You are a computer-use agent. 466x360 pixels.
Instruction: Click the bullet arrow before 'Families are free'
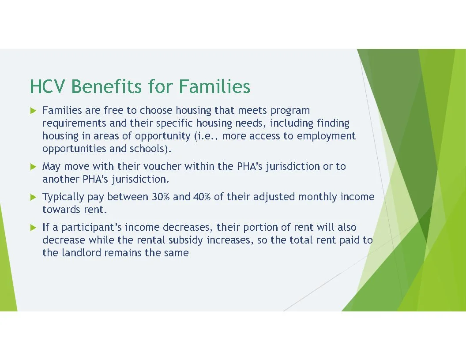pyautogui.click(x=33, y=110)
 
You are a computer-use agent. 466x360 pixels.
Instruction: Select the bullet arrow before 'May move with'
pyautogui.click(x=33, y=167)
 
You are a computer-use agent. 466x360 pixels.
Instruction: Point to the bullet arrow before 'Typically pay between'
pyautogui.click(x=33, y=197)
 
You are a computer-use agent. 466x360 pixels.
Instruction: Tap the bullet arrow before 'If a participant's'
pyautogui.click(x=33, y=228)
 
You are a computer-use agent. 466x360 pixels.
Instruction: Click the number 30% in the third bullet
pyautogui.click(x=161, y=197)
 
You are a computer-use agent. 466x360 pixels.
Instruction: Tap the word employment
pyautogui.click(x=326, y=136)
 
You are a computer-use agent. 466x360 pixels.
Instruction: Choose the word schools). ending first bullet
pyautogui.click(x=150, y=149)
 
